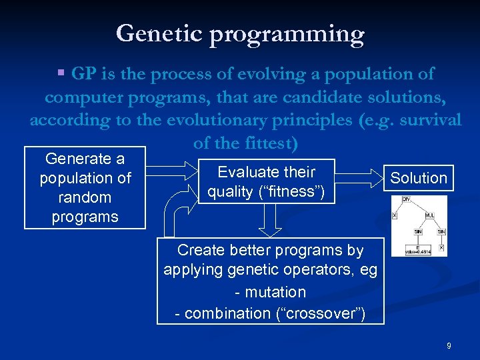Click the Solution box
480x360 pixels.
click(418, 178)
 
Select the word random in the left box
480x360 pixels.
click(85, 197)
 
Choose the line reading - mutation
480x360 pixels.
click(270, 292)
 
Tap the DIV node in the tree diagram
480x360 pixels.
click(406, 199)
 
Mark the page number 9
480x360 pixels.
click(449, 345)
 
